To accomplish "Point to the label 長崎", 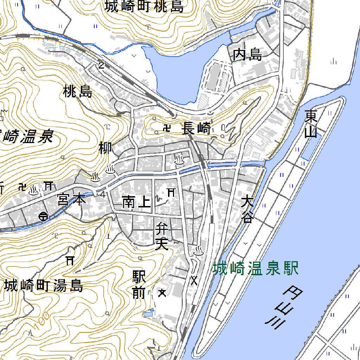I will coord(197,129).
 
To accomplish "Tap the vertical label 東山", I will coord(311,123).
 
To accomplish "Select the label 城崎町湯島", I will coord(44,286).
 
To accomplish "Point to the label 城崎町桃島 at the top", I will coord(144,6).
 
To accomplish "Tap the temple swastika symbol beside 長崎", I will coord(167,128).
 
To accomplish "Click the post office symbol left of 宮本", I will coord(44,216).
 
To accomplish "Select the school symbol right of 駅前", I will coord(162,292).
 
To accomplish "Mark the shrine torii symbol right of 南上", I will coord(171,192).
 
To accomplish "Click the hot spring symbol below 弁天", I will coord(198,251).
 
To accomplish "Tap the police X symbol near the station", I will coord(194,280).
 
